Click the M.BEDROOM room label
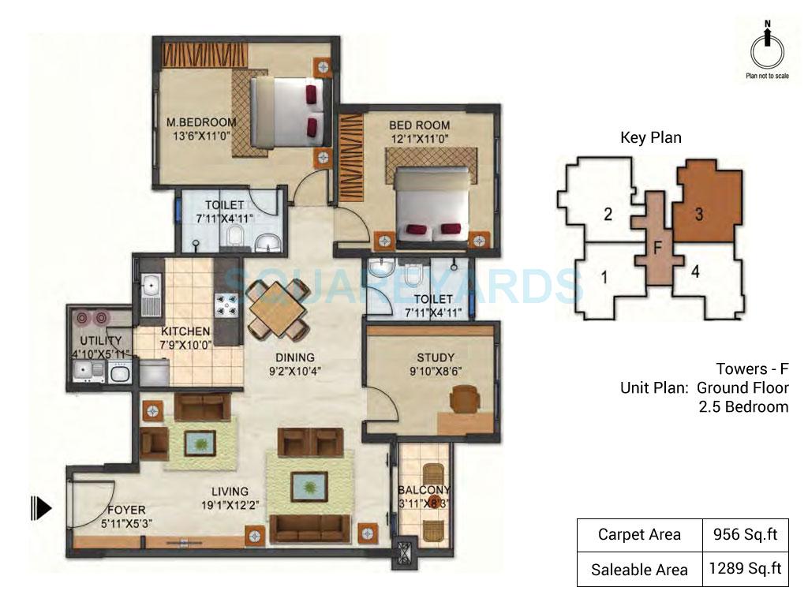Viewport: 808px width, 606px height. (x=201, y=122)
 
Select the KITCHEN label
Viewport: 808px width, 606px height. (x=185, y=331)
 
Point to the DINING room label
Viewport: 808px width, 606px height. (x=294, y=357)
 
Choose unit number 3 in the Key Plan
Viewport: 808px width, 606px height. (x=699, y=213)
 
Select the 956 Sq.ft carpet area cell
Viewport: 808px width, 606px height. (x=745, y=535)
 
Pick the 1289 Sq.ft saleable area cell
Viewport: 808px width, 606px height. (x=745, y=569)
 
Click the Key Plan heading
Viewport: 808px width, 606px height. (x=650, y=137)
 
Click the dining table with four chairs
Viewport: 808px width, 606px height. (x=277, y=309)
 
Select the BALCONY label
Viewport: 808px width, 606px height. (x=424, y=489)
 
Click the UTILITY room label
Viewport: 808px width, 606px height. (x=101, y=341)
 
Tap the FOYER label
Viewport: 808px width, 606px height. (x=126, y=510)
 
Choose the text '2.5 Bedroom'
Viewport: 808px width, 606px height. (x=743, y=407)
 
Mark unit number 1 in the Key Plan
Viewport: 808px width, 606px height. (x=604, y=278)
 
